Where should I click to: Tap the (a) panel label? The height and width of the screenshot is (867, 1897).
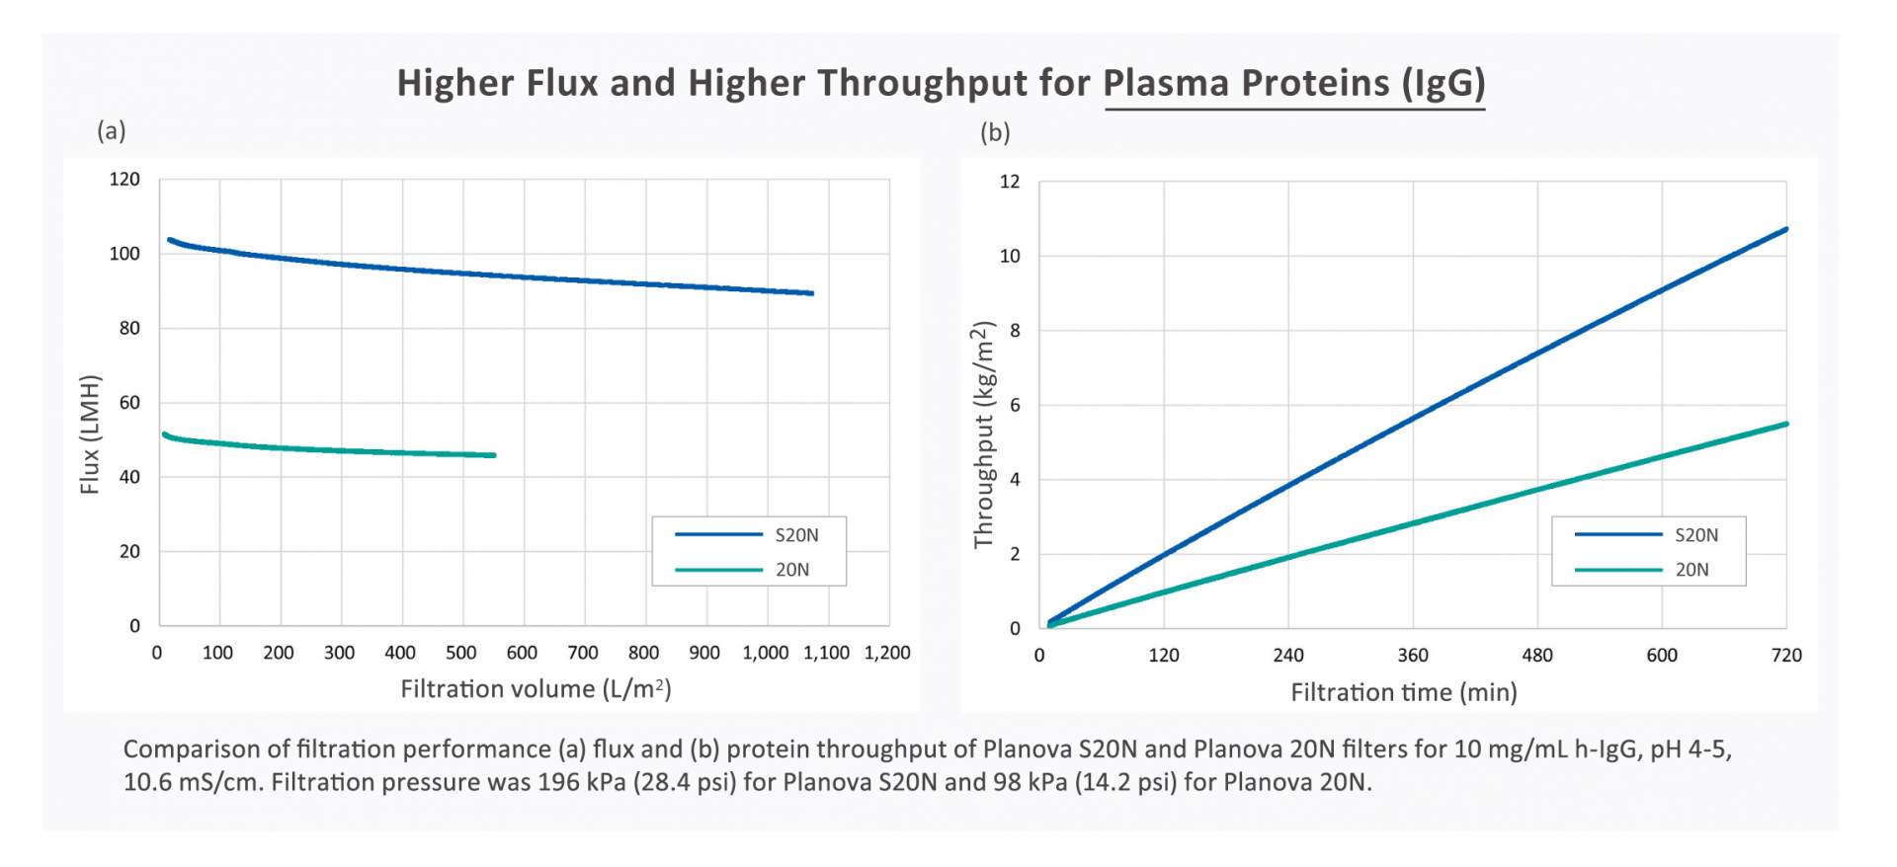(111, 131)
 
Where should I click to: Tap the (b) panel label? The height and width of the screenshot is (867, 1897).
(995, 133)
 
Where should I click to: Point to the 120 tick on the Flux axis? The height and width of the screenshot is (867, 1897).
(124, 180)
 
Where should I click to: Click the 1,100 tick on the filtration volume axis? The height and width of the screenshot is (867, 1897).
(826, 653)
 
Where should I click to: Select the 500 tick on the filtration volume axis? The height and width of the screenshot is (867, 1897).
(460, 653)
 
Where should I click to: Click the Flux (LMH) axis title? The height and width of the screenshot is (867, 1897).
(90, 434)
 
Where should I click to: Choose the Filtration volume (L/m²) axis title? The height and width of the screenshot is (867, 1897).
(536, 689)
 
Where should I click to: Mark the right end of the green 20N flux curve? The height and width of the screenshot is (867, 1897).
(494, 455)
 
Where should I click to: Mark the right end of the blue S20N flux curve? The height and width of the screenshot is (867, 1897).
(811, 293)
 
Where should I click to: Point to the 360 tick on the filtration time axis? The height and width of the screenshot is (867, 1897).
(1413, 656)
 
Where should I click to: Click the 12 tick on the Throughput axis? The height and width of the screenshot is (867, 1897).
(1010, 182)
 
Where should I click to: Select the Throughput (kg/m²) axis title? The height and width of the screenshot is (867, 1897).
(982, 434)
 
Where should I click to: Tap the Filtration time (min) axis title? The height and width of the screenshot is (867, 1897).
(1403, 692)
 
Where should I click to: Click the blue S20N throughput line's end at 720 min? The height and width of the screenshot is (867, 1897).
(1785, 229)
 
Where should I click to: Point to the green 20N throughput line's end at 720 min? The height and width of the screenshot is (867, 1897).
(1785, 424)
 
